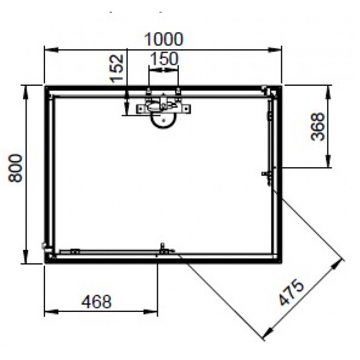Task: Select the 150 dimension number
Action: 163,58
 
